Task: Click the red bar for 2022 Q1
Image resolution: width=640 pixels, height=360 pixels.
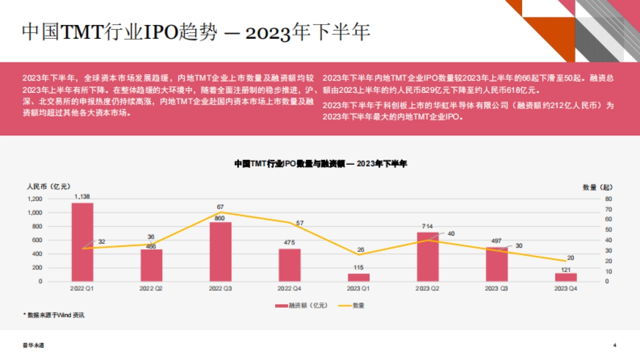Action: click(82, 242)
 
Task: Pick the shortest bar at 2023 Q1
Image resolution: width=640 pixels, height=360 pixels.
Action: click(358, 277)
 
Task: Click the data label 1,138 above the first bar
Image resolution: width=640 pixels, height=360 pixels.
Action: click(82, 196)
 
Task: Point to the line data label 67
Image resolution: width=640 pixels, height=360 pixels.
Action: click(220, 206)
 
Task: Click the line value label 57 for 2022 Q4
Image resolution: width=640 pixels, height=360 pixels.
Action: click(300, 222)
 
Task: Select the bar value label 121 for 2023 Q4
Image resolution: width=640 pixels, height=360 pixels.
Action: click(566, 269)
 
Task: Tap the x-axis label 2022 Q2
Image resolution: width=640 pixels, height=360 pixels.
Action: click(151, 289)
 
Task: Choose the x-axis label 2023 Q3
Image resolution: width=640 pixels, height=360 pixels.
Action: click(497, 289)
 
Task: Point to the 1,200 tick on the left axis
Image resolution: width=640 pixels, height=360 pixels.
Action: click(34, 199)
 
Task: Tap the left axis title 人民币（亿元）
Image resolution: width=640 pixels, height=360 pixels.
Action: click(48, 187)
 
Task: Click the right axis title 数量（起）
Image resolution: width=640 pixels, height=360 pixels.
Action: click(598, 187)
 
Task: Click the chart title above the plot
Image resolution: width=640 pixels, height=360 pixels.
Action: click(321, 164)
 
